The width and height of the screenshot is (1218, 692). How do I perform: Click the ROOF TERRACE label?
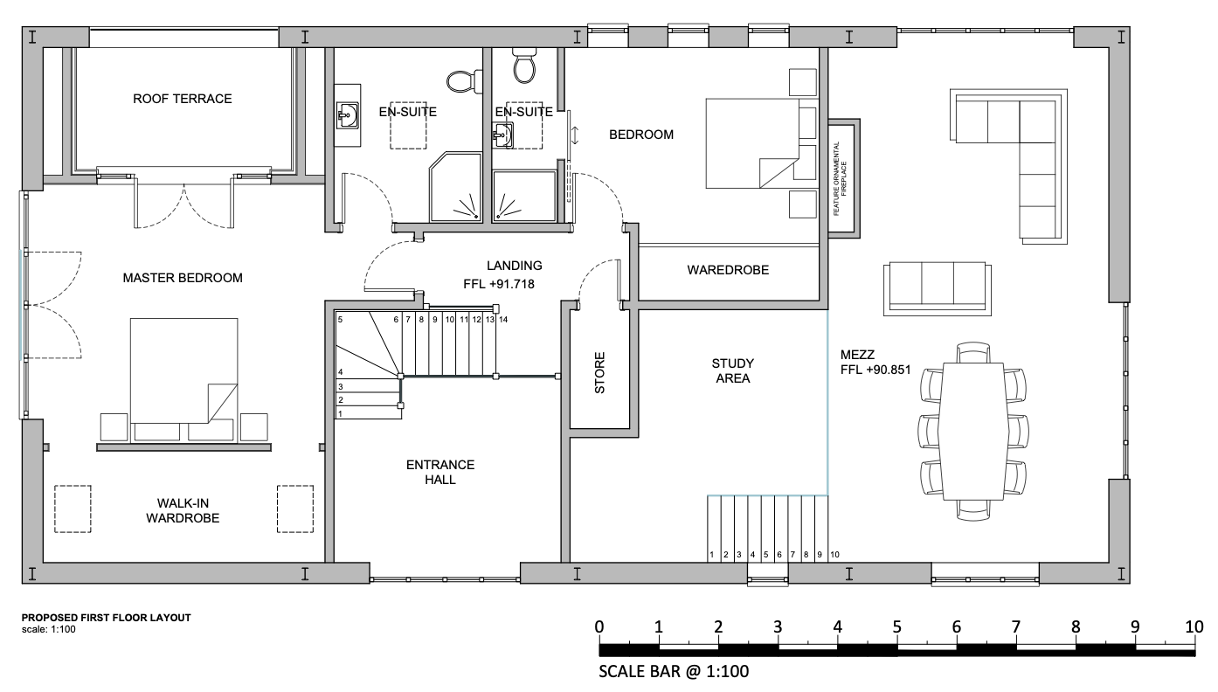[x=183, y=99]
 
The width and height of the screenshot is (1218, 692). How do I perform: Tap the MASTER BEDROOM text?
[x=183, y=278]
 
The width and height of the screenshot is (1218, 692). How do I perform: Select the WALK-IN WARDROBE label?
[x=183, y=510]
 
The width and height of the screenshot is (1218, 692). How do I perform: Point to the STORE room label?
[x=600, y=372]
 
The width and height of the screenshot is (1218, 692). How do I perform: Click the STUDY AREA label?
[x=732, y=370]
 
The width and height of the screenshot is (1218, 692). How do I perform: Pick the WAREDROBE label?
[x=728, y=270]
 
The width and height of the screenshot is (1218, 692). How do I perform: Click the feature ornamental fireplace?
[x=844, y=178]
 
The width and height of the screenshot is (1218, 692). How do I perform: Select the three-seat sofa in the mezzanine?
[x=937, y=287]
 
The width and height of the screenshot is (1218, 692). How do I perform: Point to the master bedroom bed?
[x=183, y=370]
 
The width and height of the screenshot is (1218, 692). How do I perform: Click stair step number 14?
[x=503, y=320]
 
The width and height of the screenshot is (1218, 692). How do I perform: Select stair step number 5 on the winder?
[x=341, y=321]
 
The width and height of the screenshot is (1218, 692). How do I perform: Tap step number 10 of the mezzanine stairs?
[x=834, y=555]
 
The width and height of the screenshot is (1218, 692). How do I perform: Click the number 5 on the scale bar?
[x=896, y=626]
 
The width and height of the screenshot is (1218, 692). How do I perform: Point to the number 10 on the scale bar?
[x=1194, y=626]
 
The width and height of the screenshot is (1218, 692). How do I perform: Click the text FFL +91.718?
[x=500, y=284]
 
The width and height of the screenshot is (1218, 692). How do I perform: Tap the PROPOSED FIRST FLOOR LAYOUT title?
[x=106, y=618]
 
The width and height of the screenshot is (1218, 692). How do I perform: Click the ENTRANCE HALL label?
[x=440, y=472]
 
